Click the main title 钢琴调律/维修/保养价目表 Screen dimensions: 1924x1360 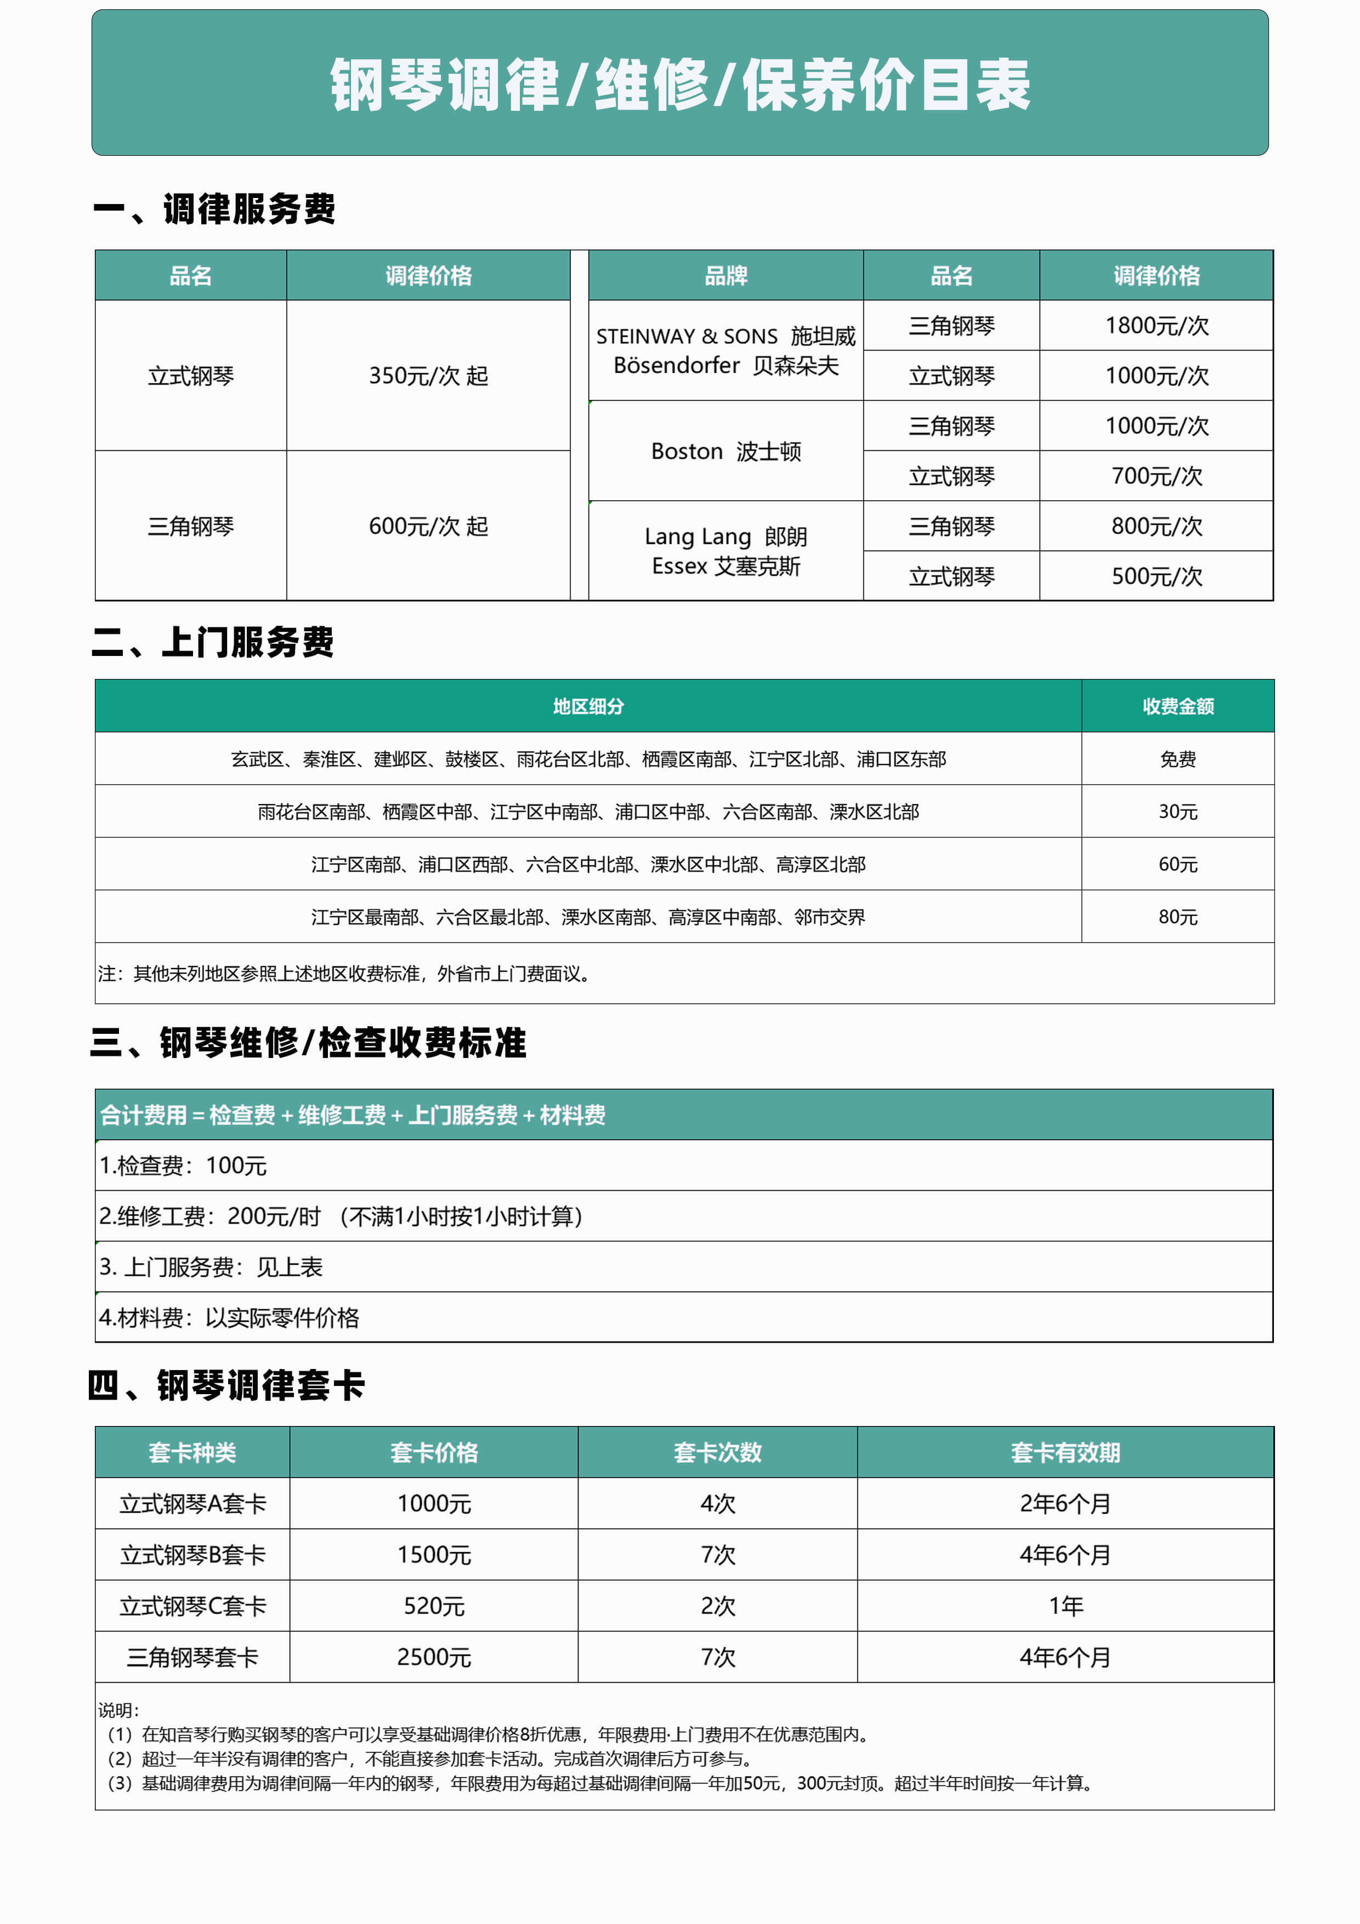point(679,84)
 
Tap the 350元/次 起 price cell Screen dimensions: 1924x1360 point(428,375)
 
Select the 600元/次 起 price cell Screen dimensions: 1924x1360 point(428,527)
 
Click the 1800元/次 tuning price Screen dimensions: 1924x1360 point(1157,325)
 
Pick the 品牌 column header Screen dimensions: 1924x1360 point(726,276)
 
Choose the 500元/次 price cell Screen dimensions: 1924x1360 point(1157,576)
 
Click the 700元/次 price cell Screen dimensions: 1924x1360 point(1157,476)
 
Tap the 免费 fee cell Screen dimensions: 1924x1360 point(1177,759)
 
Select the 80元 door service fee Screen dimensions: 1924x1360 point(1177,916)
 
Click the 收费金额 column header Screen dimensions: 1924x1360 point(1177,706)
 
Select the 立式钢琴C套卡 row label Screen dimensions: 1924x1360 point(192,1605)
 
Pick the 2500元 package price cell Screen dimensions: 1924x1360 point(434,1657)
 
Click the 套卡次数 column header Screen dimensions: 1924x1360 point(717,1452)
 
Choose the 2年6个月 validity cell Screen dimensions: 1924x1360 point(1065,1503)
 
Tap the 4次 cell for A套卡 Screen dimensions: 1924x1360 point(717,1503)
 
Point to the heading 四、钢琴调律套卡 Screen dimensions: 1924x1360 point(227,1386)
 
